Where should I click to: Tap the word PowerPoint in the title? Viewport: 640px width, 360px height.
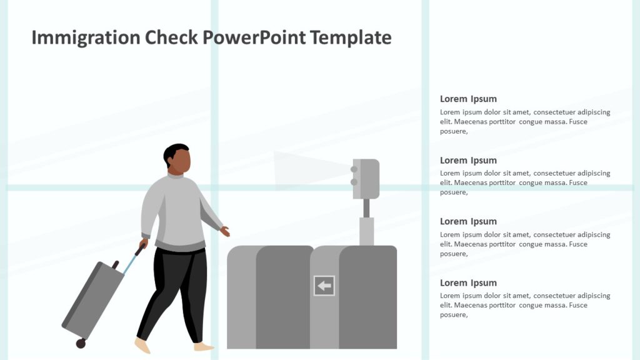tap(254, 38)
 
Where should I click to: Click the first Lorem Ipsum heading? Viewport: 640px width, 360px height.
tap(468, 99)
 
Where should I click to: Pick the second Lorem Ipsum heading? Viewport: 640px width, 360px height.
tap(468, 160)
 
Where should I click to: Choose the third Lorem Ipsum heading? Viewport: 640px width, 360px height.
tap(468, 221)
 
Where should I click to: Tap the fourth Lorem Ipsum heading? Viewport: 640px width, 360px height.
tap(468, 282)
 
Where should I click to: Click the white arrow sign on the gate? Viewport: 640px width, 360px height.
tap(324, 286)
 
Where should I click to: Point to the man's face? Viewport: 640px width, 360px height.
tap(180, 162)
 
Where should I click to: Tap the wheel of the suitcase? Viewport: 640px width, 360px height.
tap(81, 343)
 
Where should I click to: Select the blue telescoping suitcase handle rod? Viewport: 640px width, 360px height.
tap(130, 263)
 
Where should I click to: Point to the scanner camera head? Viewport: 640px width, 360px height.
tap(366, 179)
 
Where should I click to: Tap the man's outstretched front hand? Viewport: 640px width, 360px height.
tap(224, 231)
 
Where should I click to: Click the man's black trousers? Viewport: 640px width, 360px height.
tap(178, 287)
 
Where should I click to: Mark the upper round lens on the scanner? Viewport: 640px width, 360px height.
tap(354, 169)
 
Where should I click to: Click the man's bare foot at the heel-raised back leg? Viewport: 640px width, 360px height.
tap(142, 345)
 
